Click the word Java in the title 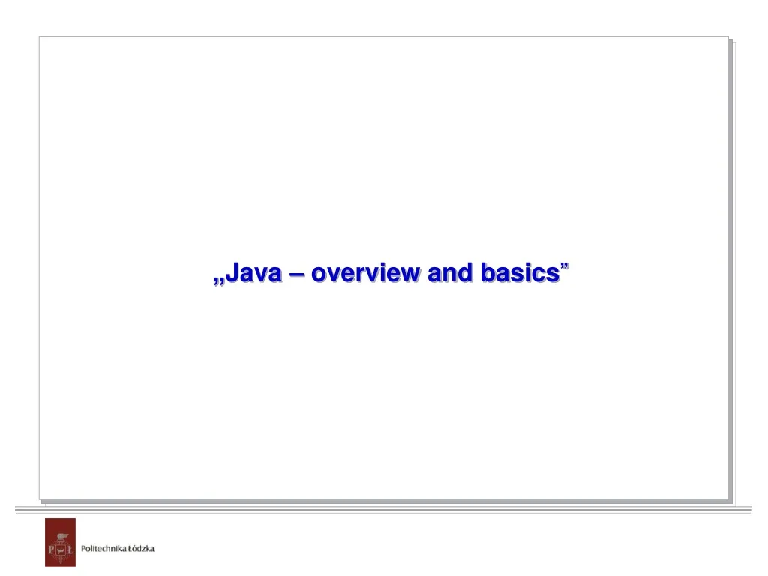(x=254, y=273)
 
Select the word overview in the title (x=365, y=273)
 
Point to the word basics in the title (x=520, y=273)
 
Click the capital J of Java (x=232, y=273)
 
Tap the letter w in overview (x=409, y=274)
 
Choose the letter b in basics (x=487, y=273)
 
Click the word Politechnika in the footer (x=104, y=549)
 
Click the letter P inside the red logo (x=51, y=550)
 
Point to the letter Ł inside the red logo (x=69, y=550)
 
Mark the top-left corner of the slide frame (x=40, y=37)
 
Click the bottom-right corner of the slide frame (x=728, y=499)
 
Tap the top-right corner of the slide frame (x=728, y=37)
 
